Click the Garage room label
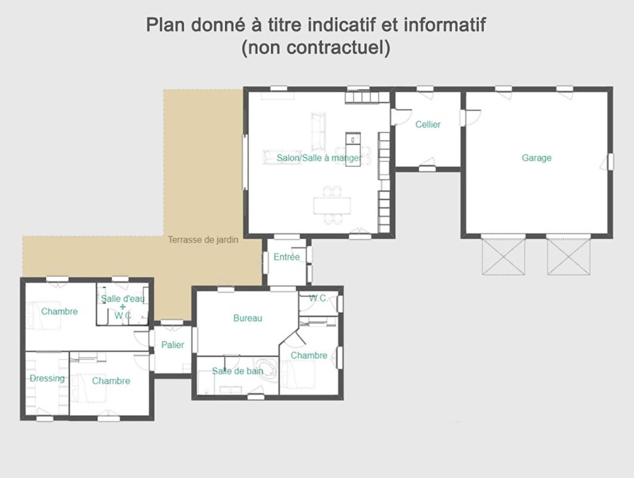[536, 158]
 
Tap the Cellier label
[428, 124]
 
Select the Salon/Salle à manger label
[319, 158]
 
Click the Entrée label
[287, 258]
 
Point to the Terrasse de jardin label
[203, 240]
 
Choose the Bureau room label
[248, 318]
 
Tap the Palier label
[173, 345]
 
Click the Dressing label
[47, 378]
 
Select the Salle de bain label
[238, 371]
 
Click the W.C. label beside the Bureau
[318, 298]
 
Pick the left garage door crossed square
[503, 256]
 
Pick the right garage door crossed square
[568, 256]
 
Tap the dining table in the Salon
[332, 206]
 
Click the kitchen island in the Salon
[353, 149]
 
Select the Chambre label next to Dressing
[111, 381]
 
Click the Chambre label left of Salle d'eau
[59, 311]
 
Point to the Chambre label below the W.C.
[309, 356]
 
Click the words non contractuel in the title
[316, 47]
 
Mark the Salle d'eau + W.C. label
[122, 307]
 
